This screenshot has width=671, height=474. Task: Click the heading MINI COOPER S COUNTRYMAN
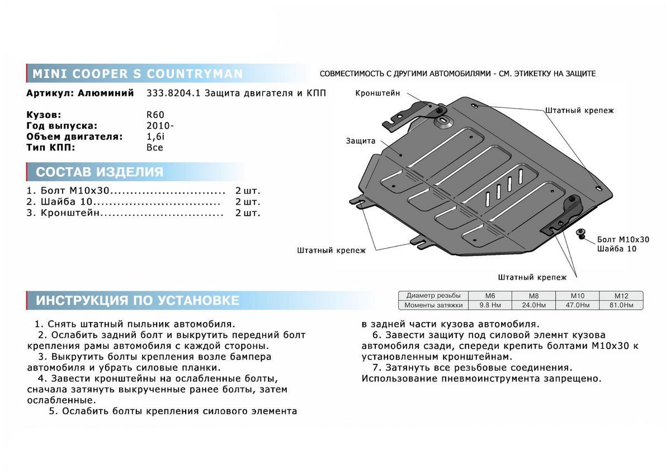(x=138, y=74)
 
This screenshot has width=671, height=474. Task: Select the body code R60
(x=155, y=115)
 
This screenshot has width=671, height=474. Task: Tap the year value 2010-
(x=160, y=126)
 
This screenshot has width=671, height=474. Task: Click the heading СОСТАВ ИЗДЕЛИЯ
(x=100, y=172)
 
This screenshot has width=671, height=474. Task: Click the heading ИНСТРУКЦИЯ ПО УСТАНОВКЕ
(x=138, y=300)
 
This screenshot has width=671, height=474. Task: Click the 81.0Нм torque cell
(x=621, y=305)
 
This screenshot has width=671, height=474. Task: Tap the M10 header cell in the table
(x=577, y=295)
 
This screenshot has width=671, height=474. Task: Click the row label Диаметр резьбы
(x=434, y=295)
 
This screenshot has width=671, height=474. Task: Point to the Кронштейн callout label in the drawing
(x=377, y=93)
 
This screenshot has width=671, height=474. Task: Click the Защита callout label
(x=360, y=141)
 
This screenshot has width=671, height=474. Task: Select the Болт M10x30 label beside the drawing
(x=623, y=239)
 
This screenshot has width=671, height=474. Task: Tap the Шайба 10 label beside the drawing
(x=616, y=249)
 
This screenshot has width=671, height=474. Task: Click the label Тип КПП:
(x=50, y=148)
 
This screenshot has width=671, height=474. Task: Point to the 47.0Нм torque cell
(x=577, y=305)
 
